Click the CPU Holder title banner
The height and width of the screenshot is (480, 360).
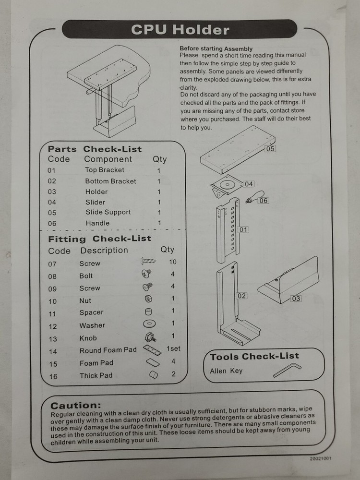tap(180, 29)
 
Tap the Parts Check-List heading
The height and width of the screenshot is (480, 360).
tap(95, 149)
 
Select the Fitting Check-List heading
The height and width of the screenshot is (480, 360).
tap(99, 239)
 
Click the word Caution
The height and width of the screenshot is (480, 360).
tap(76, 406)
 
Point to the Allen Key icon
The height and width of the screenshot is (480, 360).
tap(287, 370)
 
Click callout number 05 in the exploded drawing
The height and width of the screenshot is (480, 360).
tap(270, 149)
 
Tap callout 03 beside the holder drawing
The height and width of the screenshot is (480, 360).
tap(296, 299)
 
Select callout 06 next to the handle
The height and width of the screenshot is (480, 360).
tap(263, 201)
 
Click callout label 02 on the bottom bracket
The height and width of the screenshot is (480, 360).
tap(242, 296)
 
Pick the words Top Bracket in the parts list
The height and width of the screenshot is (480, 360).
tap(105, 170)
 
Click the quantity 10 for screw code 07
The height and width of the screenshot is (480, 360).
tap(173, 262)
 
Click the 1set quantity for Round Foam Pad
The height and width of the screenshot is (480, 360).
tap(173, 349)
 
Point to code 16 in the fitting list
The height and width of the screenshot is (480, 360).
tap(53, 376)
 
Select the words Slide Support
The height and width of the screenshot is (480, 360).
tap(108, 212)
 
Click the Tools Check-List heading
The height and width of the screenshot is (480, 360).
tap(254, 356)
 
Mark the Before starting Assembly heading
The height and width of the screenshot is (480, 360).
tap(216, 48)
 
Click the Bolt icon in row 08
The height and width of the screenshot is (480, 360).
tap(146, 275)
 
